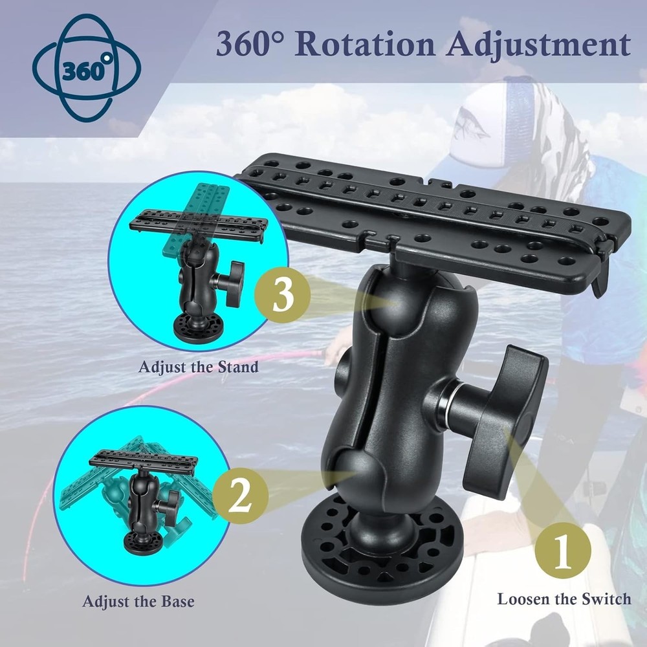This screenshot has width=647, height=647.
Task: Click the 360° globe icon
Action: [x=85, y=68]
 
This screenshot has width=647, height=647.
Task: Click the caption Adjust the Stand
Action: [x=198, y=367]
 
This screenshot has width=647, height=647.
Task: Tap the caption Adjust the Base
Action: [x=138, y=601]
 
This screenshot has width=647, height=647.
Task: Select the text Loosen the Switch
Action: [x=564, y=598]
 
